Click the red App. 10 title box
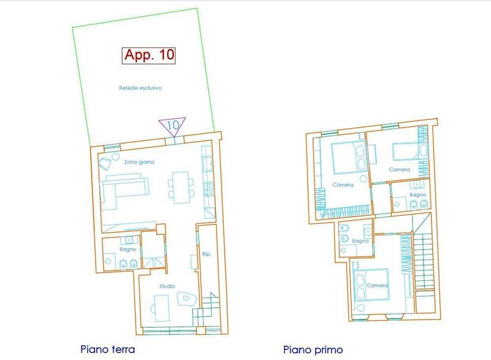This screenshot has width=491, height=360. [149, 56]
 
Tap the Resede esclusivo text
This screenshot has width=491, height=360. [141, 88]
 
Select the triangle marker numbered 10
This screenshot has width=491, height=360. [172, 126]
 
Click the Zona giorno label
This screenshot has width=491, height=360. [139, 162]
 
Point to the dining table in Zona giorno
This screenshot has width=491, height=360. [180, 187]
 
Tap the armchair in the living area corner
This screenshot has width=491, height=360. [105, 163]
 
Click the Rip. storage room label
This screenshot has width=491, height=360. [206, 254]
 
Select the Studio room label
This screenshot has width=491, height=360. [167, 286]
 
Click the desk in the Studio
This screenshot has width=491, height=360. [161, 308]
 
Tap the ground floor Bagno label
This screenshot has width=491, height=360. [128, 249]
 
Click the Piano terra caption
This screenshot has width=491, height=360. [108, 349]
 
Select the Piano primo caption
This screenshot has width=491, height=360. [313, 350]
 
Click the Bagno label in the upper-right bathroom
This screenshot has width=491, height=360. [418, 195]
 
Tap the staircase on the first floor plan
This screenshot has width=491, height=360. [423, 262]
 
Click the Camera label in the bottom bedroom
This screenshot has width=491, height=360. [377, 286]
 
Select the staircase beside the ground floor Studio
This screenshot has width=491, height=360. [204, 310]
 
